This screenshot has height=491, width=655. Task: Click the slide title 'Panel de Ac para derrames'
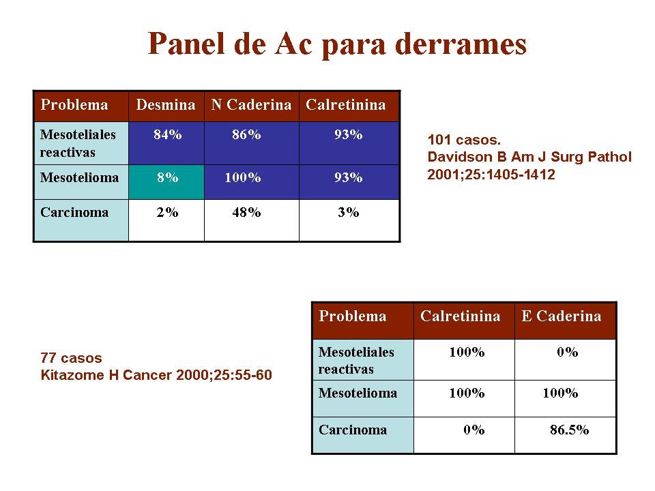337,44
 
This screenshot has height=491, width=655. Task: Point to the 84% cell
166,143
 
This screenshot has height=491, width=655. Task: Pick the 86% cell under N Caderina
252,143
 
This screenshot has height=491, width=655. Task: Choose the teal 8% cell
166,182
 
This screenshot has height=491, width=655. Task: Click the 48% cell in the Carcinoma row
252,220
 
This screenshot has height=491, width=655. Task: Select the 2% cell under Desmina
166,220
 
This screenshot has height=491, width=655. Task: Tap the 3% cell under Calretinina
349,220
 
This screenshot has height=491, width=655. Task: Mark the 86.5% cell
566,435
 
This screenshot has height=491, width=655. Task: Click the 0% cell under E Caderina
566,359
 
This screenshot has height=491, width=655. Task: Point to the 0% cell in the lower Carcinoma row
464,435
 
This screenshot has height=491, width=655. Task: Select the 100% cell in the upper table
252,182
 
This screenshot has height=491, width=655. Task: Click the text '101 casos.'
464,140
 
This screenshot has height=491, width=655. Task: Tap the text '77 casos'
72,358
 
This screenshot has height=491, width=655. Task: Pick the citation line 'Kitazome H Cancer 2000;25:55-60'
156,375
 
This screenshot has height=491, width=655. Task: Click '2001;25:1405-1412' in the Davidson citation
491,174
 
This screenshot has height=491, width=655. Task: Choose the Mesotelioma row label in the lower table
358,393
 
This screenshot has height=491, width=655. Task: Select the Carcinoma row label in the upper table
74,212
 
